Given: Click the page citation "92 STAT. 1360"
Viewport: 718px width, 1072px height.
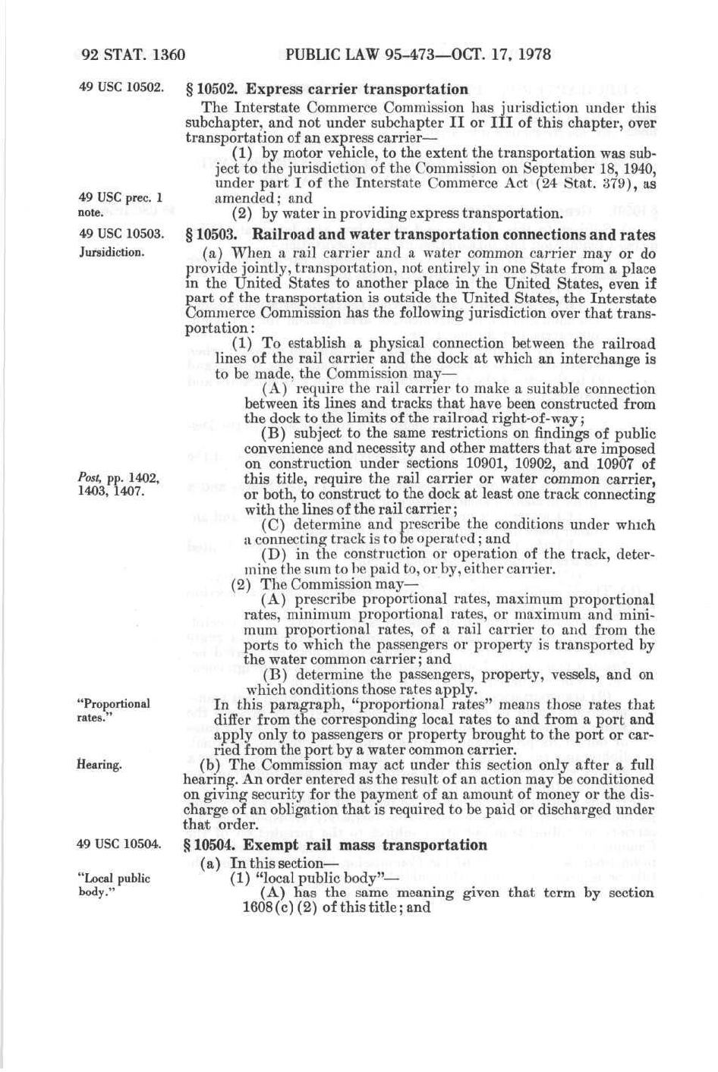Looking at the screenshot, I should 133,55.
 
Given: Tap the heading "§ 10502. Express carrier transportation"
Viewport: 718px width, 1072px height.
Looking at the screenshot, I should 327,90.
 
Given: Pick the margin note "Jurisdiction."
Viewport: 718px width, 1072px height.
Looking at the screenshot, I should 111,251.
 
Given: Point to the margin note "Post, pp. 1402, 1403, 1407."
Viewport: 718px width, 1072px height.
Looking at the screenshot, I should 118,483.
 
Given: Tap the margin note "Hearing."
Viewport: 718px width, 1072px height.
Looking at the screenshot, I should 99,764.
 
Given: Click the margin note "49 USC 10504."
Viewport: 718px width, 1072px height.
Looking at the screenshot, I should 119,844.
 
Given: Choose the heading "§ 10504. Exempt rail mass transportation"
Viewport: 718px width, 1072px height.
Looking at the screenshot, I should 335,845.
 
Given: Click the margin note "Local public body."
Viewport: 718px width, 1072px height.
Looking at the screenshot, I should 114,885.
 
